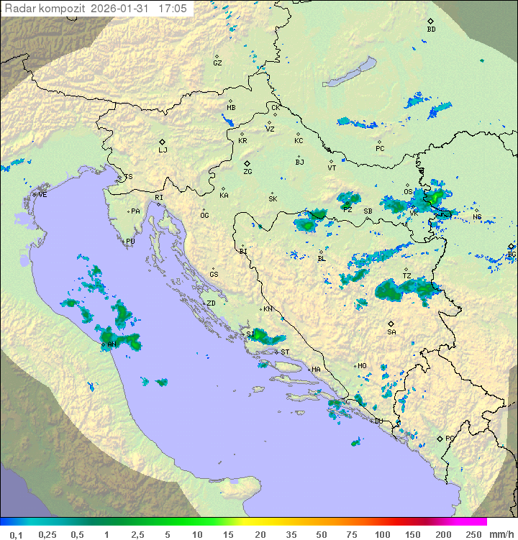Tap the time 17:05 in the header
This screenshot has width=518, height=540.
(173, 9)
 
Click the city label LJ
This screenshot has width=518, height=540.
(163, 150)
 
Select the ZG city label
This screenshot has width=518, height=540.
(247, 172)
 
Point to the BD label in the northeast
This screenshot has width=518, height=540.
(431, 29)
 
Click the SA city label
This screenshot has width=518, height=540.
(391, 331)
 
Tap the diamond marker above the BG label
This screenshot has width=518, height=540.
(511, 246)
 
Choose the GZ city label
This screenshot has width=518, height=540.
(217, 63)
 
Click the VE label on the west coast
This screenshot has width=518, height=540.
(42, 194)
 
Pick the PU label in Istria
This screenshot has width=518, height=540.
(130, 242)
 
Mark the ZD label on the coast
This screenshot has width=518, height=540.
(211, 303)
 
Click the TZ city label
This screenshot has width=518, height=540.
(406, 275)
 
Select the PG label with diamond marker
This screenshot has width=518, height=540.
(450, 438)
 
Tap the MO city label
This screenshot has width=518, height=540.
(362, 365)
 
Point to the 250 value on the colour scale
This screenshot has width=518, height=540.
(473, 534)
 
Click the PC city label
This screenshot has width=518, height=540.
(380, 148)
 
